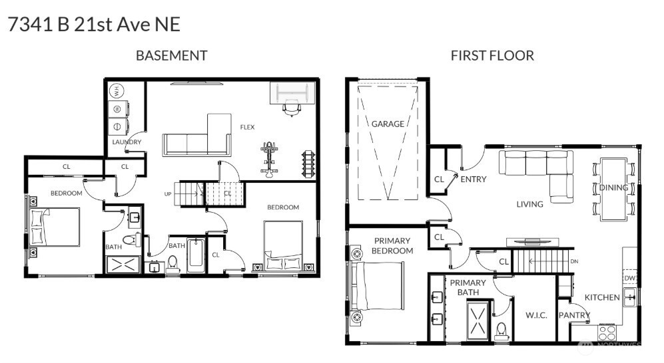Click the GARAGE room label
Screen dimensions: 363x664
tap(388, 124)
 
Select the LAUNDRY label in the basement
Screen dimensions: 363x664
tap(127, 142)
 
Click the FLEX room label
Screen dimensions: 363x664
tap(247, 127)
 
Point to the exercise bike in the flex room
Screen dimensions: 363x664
tap(269, 159)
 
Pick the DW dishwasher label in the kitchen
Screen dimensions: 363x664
tap(629, 278)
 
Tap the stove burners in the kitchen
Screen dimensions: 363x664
tap(608, 331)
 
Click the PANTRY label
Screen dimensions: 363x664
tap(574, 315)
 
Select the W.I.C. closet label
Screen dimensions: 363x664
tap(536, 315)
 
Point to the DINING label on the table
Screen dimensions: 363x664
tap(613, 187)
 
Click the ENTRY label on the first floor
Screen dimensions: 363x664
tap(473, 179)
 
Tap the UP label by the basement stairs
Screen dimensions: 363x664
tap(168, 194)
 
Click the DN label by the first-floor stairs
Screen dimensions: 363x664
tap(574, 261)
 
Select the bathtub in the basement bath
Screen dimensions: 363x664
tap(196, 257)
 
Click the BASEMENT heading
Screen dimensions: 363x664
tap(171, 55)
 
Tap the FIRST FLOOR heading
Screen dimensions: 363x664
tap(492, 55)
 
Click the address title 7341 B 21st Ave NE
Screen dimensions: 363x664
tap(94, 25)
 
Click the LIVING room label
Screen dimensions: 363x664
tap(529, 204)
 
